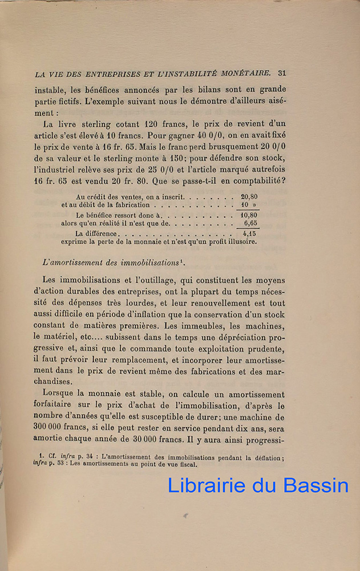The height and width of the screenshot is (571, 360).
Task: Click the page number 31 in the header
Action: click(x=281, y=73)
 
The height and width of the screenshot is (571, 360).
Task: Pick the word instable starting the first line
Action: click(x=50, y=90)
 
